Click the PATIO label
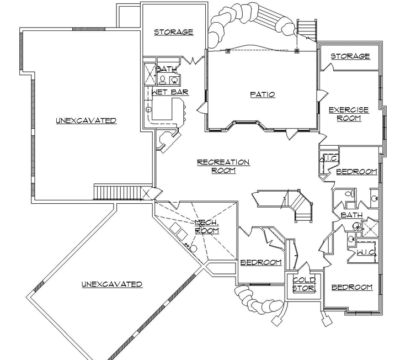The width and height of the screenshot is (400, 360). click(x=262, y=94)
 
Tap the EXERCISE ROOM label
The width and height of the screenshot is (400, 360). click(x=345, y=114)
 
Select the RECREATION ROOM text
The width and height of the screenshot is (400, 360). click(x=223, y=166)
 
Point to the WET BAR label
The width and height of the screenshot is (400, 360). click(x=167, y=92)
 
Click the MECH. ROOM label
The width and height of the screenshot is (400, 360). click(x=207, y=226)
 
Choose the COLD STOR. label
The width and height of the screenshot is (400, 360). click(x=303, y=284)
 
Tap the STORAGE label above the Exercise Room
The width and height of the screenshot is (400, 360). click(x=350, y=56)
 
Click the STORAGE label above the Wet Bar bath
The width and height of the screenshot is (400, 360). click(x=173, y=32)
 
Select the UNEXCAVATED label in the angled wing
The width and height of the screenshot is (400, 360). click(x=112, y=284)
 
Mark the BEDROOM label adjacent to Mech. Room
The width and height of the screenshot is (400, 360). click(x=261, y=262)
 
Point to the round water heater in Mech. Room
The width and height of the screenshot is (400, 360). click(x=194, y=248)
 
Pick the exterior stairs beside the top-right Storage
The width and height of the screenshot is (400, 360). click(x=307, y=30)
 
